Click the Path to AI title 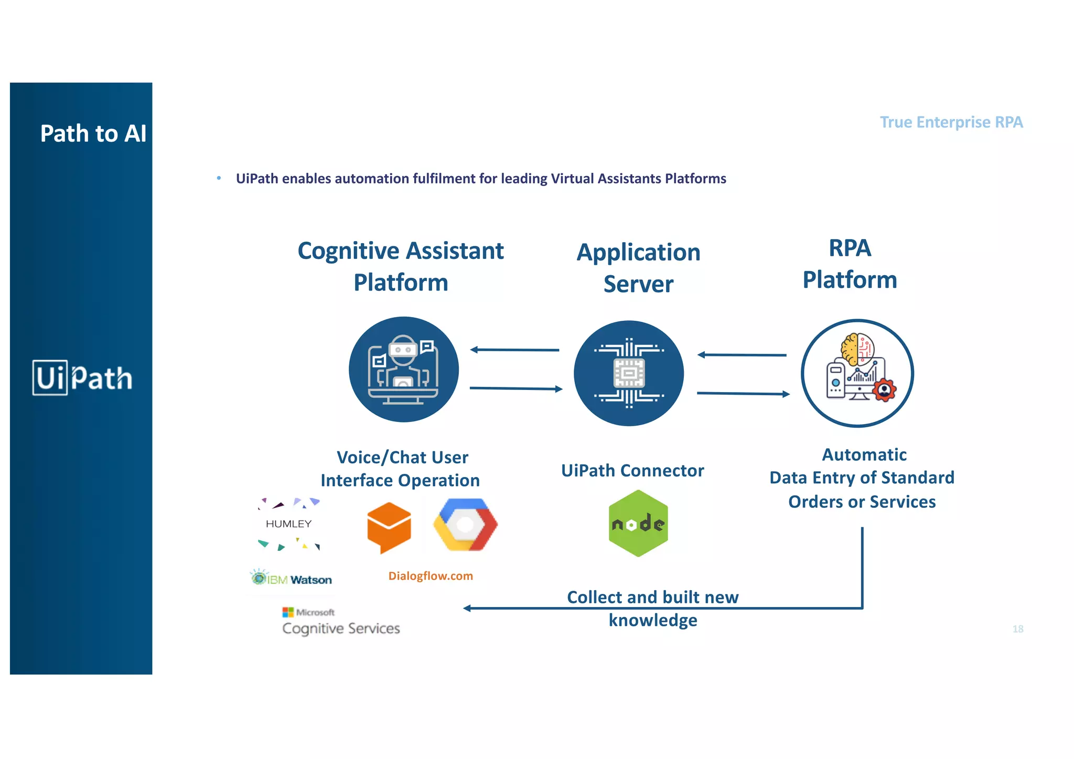(93, 134)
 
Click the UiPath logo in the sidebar (82, 377)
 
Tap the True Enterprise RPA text (951, 122)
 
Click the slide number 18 (1017, 628)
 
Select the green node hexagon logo (638, 523)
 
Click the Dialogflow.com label (431, 576)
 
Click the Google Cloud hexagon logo (465, 525)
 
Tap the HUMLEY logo (289, 524)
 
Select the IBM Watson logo (292, 579)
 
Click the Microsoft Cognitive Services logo (340, 622)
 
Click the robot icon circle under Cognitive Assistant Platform (403, 370)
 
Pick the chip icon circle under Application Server (629, 373)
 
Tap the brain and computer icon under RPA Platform (857, 373)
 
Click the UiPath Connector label (632, 470)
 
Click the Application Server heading (638, 268)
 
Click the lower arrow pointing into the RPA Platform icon (743, 393)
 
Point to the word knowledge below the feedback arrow (653, 620)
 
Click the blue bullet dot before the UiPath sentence (219, 178)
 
